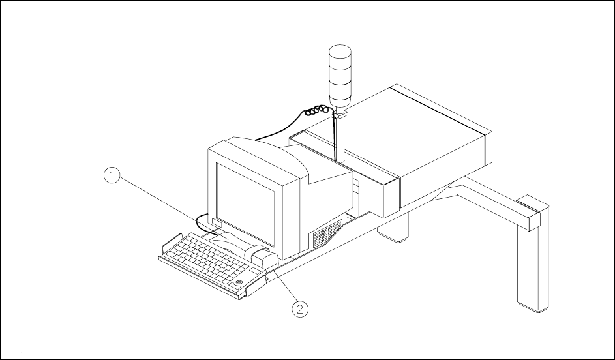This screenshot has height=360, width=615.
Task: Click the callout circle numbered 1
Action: coord(112,175)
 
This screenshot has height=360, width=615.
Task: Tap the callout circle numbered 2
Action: coord(299,308)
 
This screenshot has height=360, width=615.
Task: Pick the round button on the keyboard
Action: coord(240,282)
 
